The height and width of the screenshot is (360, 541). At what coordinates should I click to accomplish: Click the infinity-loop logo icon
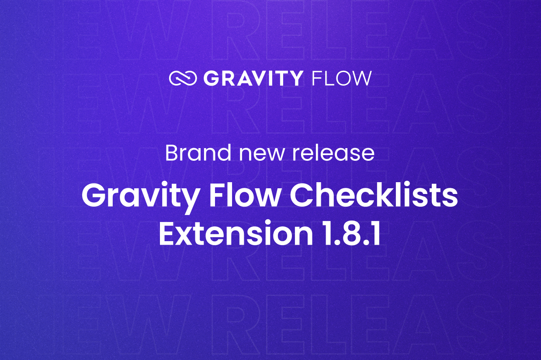pos(183,78)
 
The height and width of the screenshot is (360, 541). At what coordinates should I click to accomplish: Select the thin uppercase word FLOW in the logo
pos(341,78)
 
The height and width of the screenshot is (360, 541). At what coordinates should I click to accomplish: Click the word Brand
pos(198,153)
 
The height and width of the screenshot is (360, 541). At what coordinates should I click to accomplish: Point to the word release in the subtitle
pos(333,153)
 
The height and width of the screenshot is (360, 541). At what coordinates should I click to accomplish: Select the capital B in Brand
pos(172,153)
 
